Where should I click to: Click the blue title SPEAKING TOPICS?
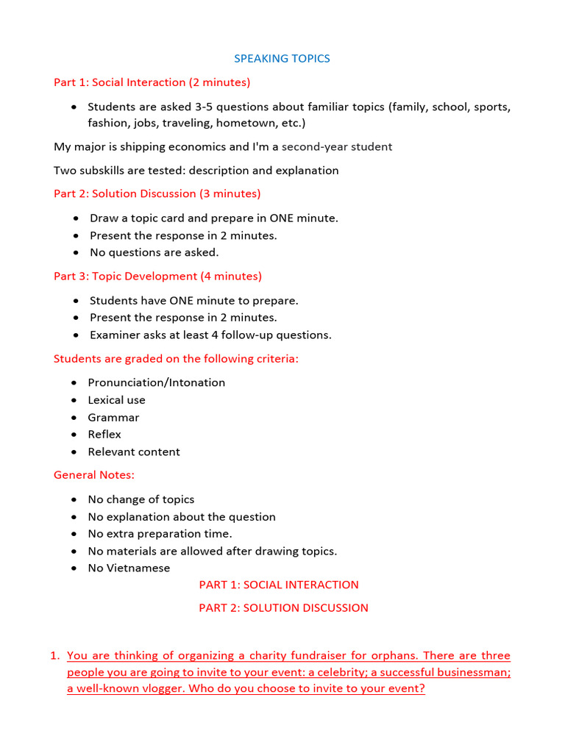click(x=282, y=59)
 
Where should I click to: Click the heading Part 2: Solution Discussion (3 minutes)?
click(x=157, y=194)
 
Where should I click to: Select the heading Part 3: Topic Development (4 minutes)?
click(x=157, y=276)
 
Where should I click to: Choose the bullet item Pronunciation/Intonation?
click(x=157, y=382)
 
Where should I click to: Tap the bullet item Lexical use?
click(x=116, y=400)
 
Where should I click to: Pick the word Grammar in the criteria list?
click(x=113, y=418)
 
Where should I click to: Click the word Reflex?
click(x=104, y=435)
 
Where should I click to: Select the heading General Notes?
click(x=94, y=475)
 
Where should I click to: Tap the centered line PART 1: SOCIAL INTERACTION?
click(x=279, y=585)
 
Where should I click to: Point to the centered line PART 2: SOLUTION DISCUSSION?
click(x=283, y=608)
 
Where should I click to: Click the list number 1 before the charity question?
click(x=56, y=656)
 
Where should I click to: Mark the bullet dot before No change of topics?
click(x=74, y=499)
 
